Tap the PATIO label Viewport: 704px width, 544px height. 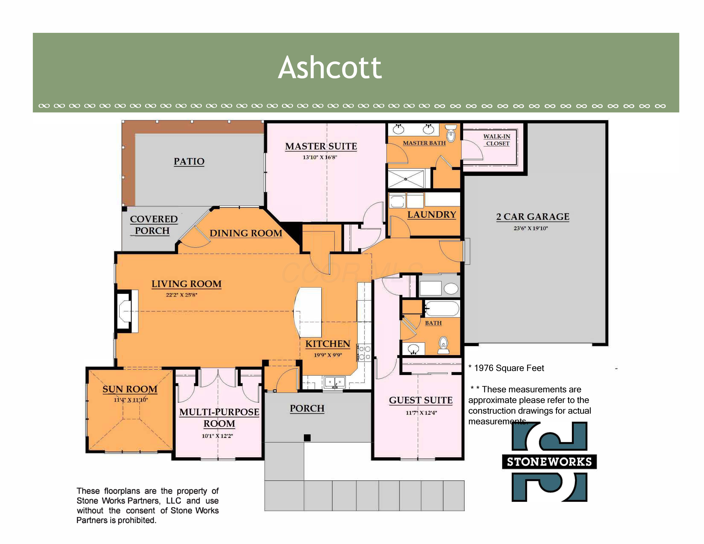click(189, 161)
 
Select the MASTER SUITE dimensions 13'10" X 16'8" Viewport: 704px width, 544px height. click(320, 157)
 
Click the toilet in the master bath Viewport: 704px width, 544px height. click(451, 133)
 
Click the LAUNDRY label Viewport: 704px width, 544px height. click(432, 215)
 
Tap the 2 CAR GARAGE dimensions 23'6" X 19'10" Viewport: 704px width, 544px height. click(531, 228)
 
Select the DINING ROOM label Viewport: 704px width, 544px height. click(246, 233)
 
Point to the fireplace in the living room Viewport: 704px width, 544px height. click(127, 311)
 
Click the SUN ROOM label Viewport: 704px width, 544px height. click(130, 389)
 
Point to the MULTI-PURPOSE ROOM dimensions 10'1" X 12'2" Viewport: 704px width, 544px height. click(217, 436)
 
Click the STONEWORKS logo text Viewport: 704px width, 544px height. click(549, 462)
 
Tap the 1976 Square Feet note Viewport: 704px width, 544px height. click(506, 368)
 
